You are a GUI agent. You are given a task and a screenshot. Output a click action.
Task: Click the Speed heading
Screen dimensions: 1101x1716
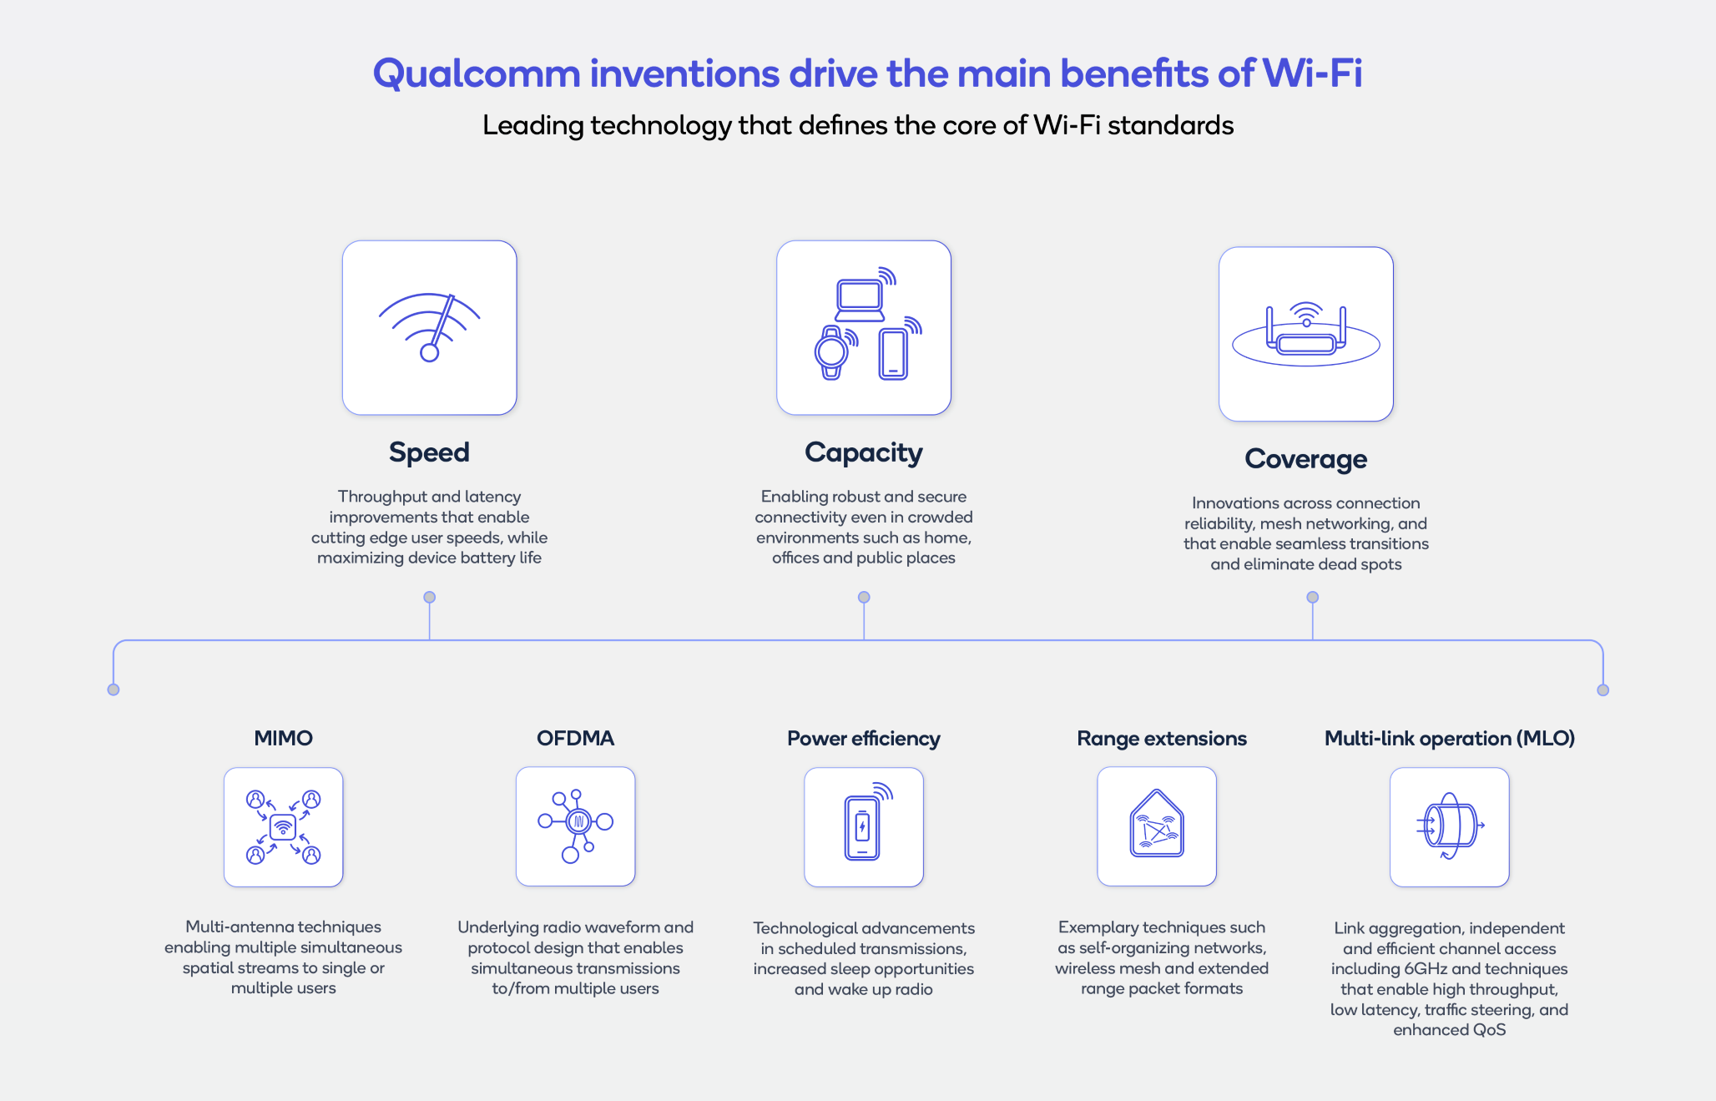coord(429,452)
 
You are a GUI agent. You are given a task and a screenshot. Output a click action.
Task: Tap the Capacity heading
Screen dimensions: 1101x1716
coord(863,452)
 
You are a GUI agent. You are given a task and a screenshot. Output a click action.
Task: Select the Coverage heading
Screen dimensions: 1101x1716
coord(1305,459)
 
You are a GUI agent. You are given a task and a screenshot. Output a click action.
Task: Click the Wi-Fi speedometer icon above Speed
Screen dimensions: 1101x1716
coord(429,327)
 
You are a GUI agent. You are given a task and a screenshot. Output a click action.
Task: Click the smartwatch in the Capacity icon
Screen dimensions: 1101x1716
coord(831,352)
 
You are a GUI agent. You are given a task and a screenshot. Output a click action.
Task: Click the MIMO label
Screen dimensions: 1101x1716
coord(283,738)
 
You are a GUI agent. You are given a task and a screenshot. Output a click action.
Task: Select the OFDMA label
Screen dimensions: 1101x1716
coord(575,738)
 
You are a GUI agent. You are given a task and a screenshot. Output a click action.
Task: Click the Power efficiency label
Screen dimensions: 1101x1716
coord(863,739)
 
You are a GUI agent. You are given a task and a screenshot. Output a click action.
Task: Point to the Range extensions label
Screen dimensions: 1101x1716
coord(1161,739)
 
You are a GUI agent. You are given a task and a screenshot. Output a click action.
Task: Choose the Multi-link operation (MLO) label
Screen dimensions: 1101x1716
coord(1449,739)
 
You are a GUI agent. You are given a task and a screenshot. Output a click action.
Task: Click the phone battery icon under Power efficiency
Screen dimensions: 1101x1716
coord(863,827)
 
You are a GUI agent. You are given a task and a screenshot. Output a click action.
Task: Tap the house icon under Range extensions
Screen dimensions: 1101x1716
coord(1156,826)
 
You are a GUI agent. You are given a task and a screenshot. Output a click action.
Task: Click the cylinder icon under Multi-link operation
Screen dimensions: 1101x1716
coord(1450,826)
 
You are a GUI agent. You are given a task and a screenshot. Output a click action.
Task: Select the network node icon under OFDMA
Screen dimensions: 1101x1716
coord(575,825)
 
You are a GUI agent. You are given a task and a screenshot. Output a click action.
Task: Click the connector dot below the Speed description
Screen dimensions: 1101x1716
coord(429,597)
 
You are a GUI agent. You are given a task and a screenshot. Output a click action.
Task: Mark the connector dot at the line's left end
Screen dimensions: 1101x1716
coord(114,689)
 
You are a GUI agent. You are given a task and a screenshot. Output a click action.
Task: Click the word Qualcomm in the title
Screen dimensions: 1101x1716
coord(476,73)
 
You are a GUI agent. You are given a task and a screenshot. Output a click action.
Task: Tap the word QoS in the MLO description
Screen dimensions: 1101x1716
coord(1489,1030)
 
